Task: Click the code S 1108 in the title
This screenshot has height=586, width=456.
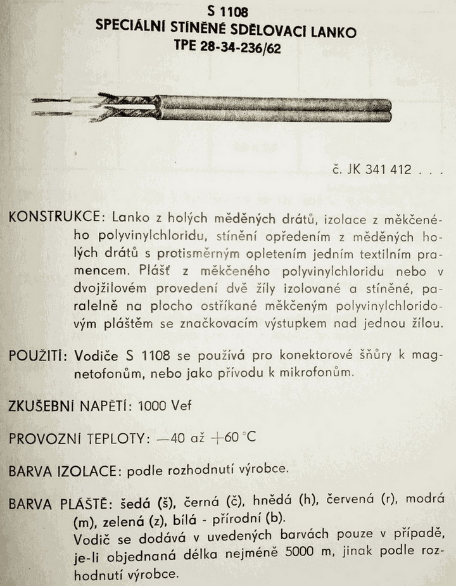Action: [227, 11]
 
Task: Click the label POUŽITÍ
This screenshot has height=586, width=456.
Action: [37, 355]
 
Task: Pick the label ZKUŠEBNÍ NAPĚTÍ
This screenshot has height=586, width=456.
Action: [69, 405]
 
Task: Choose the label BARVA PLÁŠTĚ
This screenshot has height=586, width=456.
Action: [59, 505]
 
